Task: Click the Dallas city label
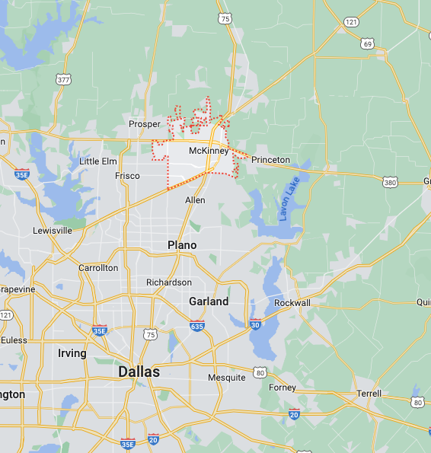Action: pyautogui.click(x=139, y=372)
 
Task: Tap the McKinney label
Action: pyautogui.click(x=208, y=151)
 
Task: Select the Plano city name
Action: pyautogui.click(x=182, y=245)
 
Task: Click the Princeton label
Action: pyautogui.click(x=270, y=160)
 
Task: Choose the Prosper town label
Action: pyautogui.click(x=145, y=124)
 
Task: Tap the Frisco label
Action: pyautogui.click(x=127, y=176)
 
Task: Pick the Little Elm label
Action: pyautogui.click(x=98, y=161)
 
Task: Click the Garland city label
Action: pyautogui.click(x=209, y=301)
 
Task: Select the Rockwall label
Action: pyautogui.click(x=292, y=303)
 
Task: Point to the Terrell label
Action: pyautogui.click(x=369, y=394)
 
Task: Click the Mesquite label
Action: pyautogui.click(x=227, y=378)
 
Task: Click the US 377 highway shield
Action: pyautogui.click(x=62, y=78)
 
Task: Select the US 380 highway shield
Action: pyautogui.click(x=390, y=183)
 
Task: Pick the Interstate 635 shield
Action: pyautogui.click(x=198, y=326)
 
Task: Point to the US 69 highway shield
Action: pyautogui.click(x=368, y=45)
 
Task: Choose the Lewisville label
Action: pyautogui.click(x=53, y=230)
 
